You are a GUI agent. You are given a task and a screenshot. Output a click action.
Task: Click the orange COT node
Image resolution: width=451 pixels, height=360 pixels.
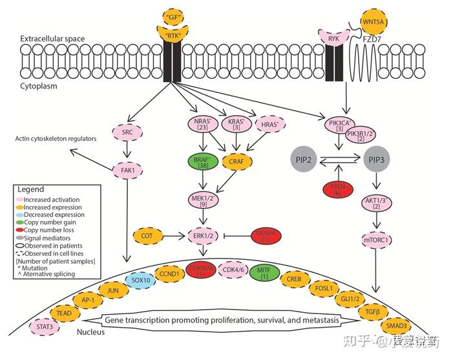point(148,237)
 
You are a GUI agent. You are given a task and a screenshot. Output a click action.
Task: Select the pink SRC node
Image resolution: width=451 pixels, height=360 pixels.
point(127,132)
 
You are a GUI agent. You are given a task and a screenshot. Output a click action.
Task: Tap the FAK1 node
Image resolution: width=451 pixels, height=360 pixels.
point(127,171)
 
